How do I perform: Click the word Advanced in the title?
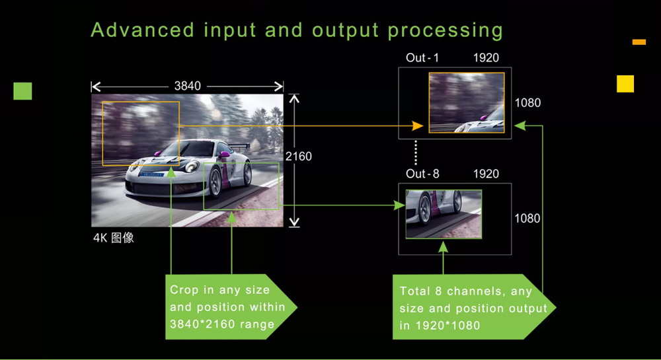143,30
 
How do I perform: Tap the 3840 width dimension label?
188,86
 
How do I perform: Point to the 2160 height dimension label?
299,157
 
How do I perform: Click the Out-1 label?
422,57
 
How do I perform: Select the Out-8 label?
422,174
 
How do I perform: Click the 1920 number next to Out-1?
486,57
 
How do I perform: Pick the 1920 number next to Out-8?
486,174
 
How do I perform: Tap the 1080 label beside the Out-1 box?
527,103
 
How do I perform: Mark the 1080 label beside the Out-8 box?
527,218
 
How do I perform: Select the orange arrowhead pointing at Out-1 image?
418,126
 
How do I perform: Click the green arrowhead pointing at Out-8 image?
399,205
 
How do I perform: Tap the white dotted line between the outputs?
416,153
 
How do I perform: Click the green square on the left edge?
22,91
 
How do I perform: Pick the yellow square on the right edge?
625,84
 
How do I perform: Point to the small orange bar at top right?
639,42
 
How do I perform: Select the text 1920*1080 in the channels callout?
447,326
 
